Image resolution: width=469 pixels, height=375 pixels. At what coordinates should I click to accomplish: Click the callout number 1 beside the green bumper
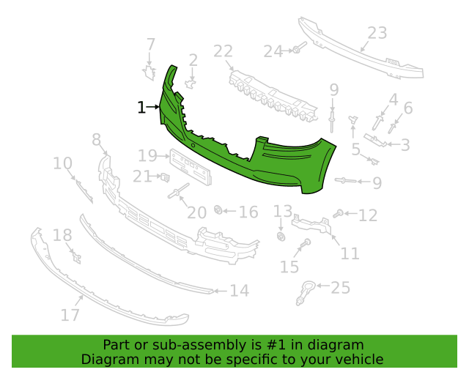coord(141,108)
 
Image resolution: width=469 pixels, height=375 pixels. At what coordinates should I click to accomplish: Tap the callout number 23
coord(377,33)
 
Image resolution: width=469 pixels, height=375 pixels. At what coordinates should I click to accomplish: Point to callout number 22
coord(223,51)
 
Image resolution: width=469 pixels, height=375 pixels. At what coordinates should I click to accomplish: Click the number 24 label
coord(273,51)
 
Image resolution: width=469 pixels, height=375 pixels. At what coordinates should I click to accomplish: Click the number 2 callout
coord(193,60)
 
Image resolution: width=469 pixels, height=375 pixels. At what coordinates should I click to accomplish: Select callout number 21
coord(141,176)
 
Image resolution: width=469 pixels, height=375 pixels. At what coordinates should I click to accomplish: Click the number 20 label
coord(196,212)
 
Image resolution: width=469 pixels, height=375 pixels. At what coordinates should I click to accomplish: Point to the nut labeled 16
coord(218,211)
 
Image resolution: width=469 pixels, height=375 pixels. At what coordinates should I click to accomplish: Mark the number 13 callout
coord(283,211)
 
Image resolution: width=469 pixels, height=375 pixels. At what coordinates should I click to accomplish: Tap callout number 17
coord(70,315)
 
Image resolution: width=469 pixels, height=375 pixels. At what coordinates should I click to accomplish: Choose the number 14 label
coord(239,291)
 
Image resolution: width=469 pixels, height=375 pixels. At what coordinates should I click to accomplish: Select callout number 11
coord(350,253)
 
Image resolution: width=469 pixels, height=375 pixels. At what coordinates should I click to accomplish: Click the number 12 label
coord(367,215)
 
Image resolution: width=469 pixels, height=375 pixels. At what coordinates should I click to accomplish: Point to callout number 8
coord(96,139)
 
